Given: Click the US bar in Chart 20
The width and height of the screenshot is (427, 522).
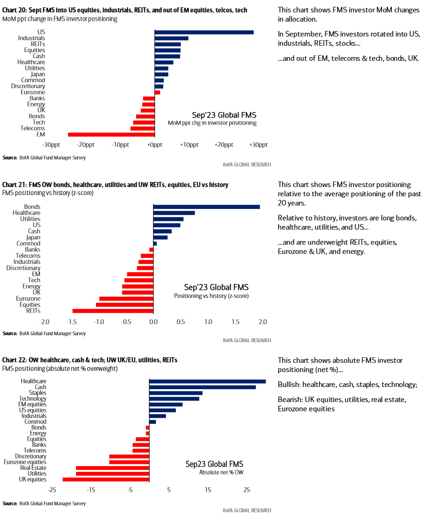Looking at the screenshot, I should tap(204, 32).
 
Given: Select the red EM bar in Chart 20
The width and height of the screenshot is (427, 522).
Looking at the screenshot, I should tap(111, 134).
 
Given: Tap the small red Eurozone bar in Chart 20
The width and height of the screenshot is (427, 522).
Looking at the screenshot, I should tap(157, 92).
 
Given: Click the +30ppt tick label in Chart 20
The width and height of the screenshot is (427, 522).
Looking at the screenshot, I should tap(258, 145).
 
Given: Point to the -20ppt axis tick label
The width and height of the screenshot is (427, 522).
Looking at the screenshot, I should tap(85, 145).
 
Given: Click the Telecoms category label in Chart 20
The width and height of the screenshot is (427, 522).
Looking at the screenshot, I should tap(33, 128).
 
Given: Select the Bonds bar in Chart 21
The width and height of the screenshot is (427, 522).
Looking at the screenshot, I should tap(206, 207).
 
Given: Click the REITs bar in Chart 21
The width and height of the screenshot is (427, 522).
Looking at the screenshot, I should tap(113, 311).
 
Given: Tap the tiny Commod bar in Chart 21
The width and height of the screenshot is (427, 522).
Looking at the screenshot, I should tap(155, 243).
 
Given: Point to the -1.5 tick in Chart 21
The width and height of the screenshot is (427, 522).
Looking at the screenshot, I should tap(72, 321).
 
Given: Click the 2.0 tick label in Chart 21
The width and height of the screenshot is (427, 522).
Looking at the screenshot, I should tap(262, 321).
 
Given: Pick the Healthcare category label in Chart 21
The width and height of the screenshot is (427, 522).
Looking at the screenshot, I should tap(26, 213).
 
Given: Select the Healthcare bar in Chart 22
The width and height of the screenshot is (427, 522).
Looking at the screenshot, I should tap(208, 381).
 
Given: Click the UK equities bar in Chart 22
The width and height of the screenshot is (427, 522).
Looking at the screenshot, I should tap(106, 480).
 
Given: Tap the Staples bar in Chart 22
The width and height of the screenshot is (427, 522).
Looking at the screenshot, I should tap(176, 393).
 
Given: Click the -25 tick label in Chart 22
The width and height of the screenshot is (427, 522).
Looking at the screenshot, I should tap(52, 490).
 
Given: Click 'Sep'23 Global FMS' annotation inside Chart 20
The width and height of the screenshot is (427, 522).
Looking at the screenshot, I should tap(224, 115).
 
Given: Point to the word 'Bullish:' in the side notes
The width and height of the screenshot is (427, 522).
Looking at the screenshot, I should tap(290, 385).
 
